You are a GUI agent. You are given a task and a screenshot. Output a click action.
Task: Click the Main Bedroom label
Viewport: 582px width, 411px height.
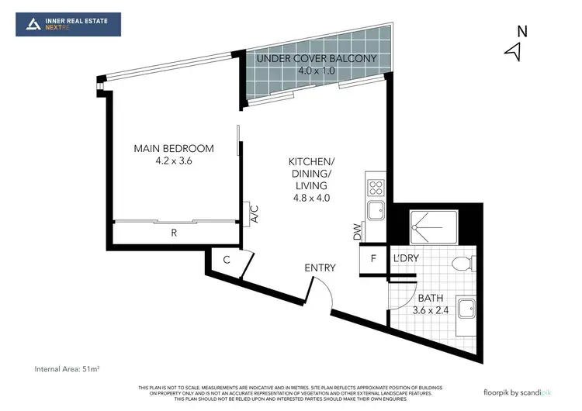174,149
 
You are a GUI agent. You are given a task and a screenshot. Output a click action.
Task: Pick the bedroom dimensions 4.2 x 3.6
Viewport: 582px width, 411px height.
174,161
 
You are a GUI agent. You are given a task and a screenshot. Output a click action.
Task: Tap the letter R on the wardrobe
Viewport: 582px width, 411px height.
174,230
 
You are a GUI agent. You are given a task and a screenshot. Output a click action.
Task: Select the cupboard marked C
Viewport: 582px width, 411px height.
226,261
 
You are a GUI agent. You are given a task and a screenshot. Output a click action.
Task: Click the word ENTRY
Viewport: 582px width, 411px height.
320,268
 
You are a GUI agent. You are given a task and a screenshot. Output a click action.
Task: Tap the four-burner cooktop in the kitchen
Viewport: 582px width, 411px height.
375,187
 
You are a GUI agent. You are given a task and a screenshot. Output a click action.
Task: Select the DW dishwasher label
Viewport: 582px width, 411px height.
358,231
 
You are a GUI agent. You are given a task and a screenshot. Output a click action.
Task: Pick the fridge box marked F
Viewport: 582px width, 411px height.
373,259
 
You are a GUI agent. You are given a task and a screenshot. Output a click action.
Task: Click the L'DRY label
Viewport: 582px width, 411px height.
406,259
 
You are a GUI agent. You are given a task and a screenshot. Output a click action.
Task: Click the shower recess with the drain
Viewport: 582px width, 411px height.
426,225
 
